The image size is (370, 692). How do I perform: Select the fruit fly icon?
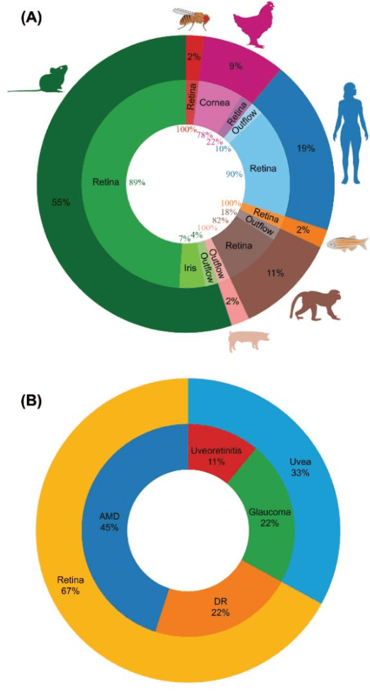coord(190,17)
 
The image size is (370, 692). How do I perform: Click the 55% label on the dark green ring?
coord(61,203)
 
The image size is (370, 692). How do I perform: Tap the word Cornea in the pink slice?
coord(213,104)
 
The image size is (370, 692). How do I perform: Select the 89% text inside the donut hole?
coord(137,182)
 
